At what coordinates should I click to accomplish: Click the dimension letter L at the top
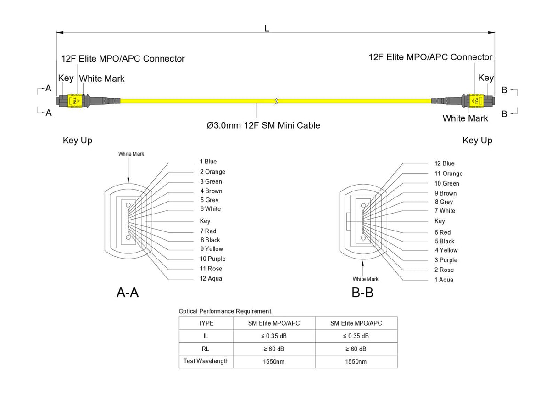pos(267,28)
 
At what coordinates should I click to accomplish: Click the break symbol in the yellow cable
pos(276,100)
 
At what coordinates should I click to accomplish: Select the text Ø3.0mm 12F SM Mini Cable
pos(263,125)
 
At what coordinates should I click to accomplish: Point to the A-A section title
pos(128,293)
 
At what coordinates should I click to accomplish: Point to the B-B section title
pos(362,293)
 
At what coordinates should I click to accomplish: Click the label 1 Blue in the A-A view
pos(208,162)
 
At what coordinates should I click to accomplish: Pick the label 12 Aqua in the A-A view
pos(211,279)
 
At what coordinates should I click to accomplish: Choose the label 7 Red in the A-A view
pos(208,231)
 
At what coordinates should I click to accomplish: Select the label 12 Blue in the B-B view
pos(445,163)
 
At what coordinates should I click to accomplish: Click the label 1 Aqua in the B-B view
pos(444,280)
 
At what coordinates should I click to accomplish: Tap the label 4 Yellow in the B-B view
pos(446,250)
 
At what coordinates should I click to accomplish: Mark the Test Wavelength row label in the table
pos(206,361)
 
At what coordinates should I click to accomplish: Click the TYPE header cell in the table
pos(206,323)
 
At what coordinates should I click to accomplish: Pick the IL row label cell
pos(206,336)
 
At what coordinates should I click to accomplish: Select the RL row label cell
pos(206,349)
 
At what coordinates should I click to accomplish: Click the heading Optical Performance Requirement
pos(225,311)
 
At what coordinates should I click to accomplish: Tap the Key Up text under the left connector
pos(78,141)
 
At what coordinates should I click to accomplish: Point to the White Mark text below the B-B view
pos(366,279)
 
